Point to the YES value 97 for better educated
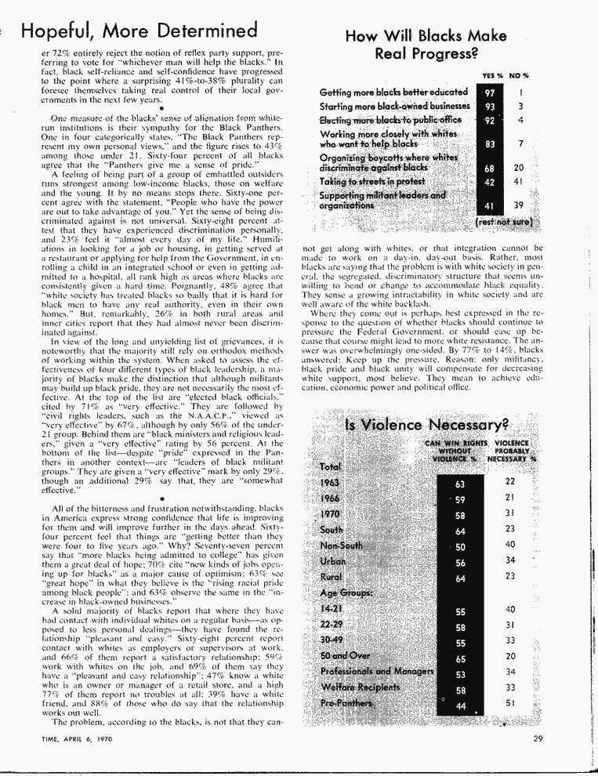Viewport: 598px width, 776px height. pos(490,93)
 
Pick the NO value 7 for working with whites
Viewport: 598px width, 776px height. pos(520,144)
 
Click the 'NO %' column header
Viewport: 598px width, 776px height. pos(520,75)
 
